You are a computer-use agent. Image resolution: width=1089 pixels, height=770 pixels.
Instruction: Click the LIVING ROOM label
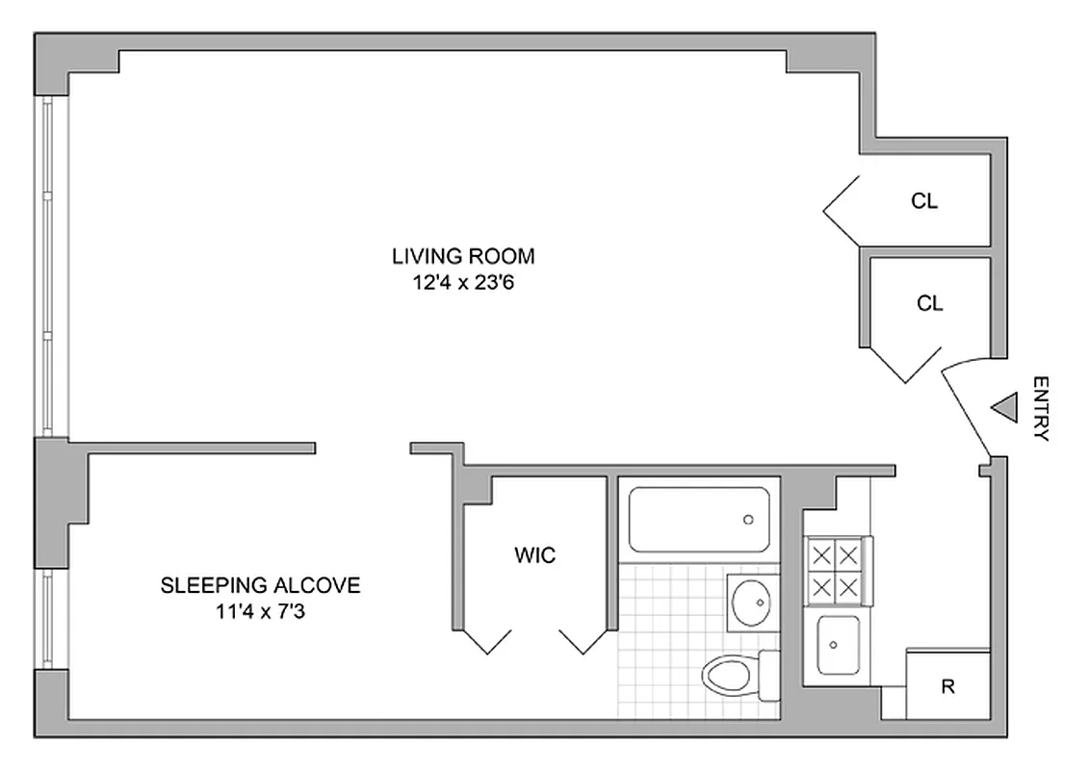[462, 257]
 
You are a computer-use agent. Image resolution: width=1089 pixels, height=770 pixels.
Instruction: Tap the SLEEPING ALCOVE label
[260, 585]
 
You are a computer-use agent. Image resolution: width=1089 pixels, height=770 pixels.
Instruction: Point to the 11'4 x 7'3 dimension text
[260, 610]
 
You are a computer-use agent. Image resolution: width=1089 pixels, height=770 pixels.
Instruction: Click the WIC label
[535, 555]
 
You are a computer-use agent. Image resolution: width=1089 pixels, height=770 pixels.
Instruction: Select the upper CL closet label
[924, 202]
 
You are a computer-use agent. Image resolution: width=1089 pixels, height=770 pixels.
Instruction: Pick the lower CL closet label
[930, 303]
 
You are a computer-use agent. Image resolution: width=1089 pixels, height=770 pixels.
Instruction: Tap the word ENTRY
[1040, 408]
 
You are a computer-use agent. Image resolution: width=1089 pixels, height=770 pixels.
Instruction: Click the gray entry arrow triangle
[1004, 408]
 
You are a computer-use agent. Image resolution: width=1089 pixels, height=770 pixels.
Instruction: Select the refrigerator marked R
[948, 687]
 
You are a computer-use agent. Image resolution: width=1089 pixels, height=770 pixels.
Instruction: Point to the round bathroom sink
[751, 603]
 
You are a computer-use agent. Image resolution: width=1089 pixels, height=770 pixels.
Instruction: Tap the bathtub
[699, 520]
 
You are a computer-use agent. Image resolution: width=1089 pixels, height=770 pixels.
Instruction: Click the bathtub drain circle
[748, 520]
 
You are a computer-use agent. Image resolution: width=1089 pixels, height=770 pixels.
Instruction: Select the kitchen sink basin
[837, 646]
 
